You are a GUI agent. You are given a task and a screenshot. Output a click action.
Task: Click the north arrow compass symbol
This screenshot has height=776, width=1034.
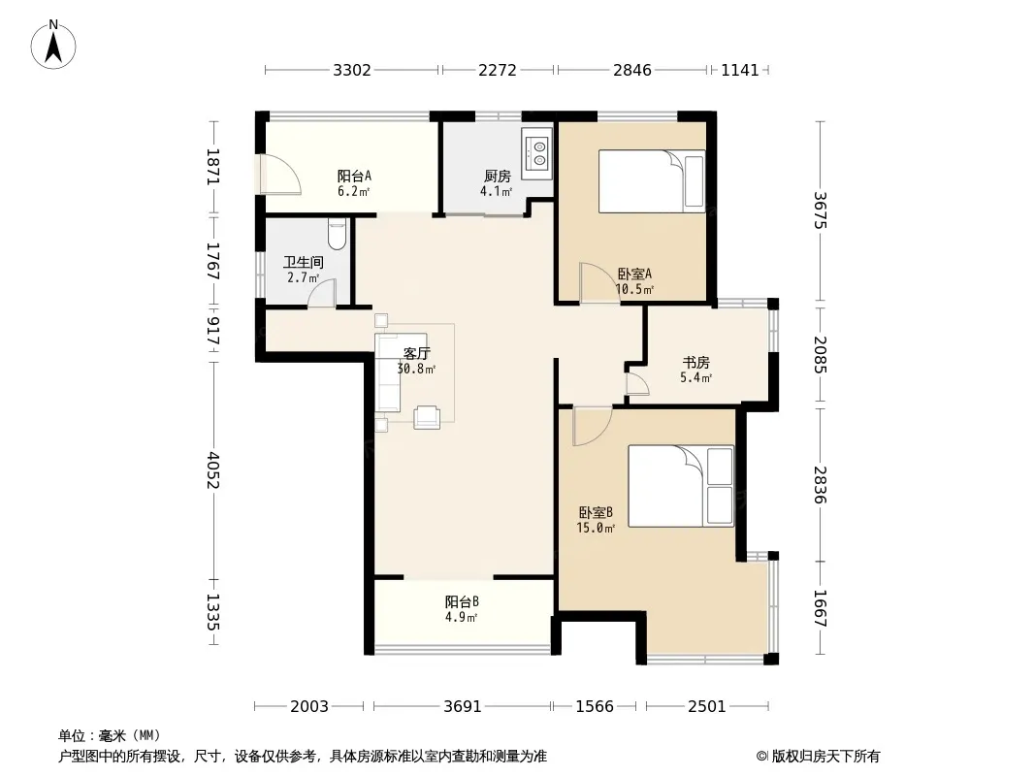(x=53, y=45)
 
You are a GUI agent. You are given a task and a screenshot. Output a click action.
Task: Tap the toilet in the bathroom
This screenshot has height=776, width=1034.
(x=337, y=234)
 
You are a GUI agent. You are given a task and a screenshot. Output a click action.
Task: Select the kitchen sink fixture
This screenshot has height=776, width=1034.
(x=536, y=153)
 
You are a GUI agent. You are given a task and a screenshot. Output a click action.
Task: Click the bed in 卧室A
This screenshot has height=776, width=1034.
(x=652, y=181)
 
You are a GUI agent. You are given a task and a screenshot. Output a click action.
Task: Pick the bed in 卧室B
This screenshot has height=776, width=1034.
(x=681, y=485)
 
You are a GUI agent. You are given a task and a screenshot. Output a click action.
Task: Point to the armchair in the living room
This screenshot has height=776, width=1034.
(x=427, y=417)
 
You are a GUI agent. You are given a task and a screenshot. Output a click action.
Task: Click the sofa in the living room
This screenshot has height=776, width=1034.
(x=388, y=372)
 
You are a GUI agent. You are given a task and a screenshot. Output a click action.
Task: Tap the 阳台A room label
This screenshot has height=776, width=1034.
(x=354, y=176)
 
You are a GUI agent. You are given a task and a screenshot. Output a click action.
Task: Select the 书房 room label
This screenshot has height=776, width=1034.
(x=695, y=363)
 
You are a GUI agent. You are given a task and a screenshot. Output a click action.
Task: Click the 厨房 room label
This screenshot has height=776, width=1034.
(x=498, y=176)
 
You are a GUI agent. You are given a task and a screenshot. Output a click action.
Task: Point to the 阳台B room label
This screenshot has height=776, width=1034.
(x=462, y=602)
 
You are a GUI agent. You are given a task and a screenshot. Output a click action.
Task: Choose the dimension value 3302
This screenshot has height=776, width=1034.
(x=351, y=70)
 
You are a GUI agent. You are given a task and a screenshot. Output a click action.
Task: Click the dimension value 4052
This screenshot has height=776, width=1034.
(x=212, y=469)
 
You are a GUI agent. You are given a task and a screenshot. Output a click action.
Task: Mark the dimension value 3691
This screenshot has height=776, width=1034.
(x=463, y=707)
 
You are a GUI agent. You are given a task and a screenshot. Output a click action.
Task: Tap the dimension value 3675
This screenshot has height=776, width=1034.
(x=820, y=210)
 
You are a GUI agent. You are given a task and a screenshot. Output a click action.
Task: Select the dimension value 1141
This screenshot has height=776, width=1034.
(x=740, y=70)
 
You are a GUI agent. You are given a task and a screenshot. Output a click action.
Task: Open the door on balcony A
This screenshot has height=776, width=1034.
(x=280, y=175)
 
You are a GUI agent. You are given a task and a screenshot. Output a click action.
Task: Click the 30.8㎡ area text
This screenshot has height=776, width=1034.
(x=416, y=369)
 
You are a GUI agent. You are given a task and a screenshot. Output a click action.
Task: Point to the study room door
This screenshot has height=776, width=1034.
(x=637, y=384)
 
